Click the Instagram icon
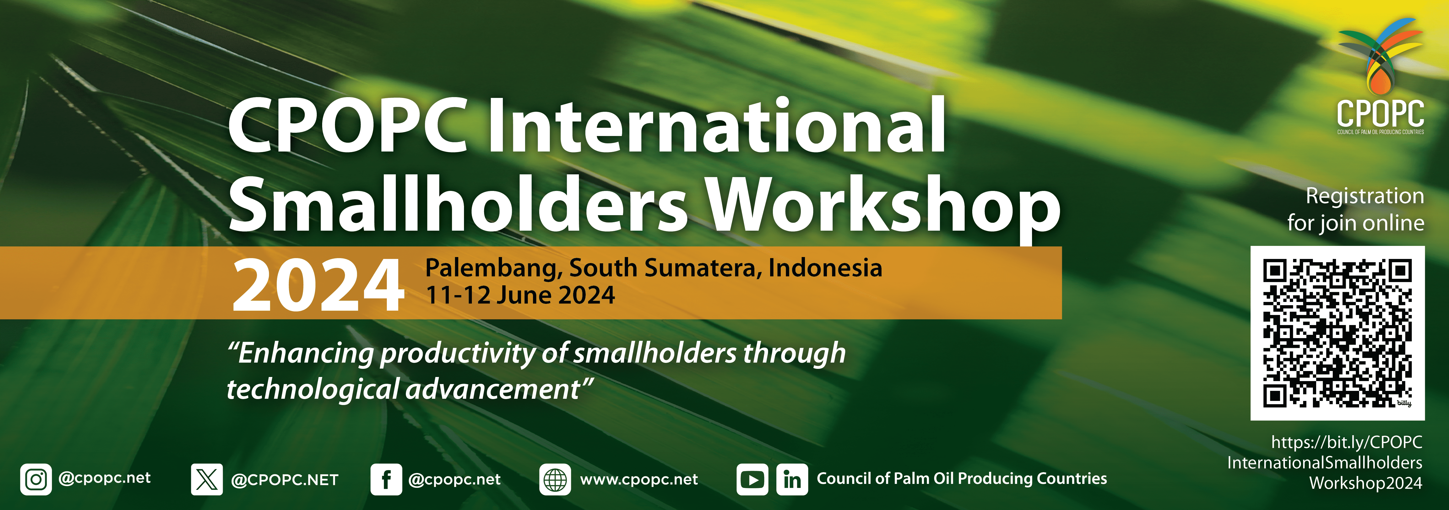click(36, 480)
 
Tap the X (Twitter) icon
click(207, 480)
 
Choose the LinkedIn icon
click(792, 480)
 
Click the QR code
click(1337, 333)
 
